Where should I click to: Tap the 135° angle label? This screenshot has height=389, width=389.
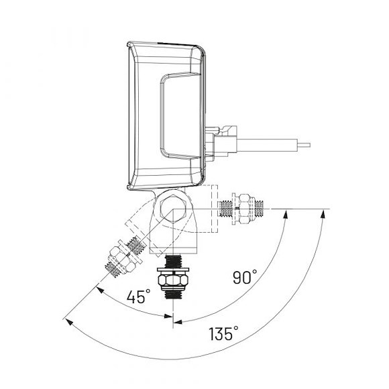pyautogui.click(x=223, y=333)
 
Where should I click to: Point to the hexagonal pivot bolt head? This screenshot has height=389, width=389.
pyautogui.click(x=174, y=209)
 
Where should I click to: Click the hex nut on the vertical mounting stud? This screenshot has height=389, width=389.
pyautogui.click(x=173, y=277)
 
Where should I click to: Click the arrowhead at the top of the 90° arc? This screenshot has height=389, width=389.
pyautogui.click(x=287, y=214)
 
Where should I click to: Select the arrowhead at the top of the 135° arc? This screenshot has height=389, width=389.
pyautogui.click(x=325, y=214)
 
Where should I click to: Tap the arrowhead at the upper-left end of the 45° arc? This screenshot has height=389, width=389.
pyautogui.click(x=98, y=289)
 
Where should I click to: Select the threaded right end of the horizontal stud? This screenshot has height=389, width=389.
pyautogui.click(x=264, y=209)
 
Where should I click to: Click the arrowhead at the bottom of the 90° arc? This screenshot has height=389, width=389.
pyautogui.click(x=178, y=321)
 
